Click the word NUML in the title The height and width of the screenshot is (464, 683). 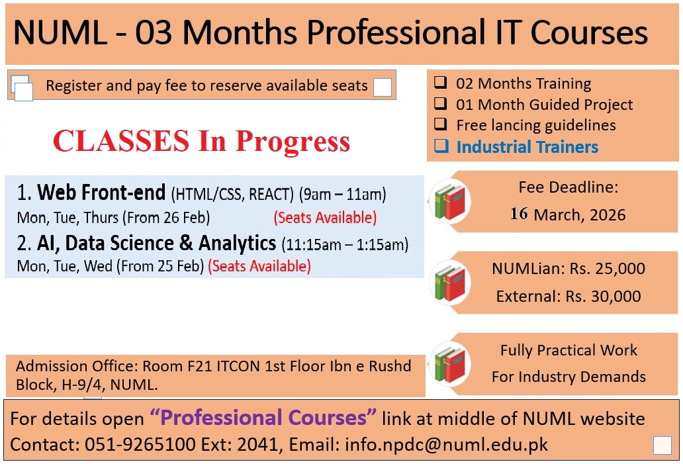click(x=60, y=32)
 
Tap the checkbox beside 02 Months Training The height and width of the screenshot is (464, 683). click(x=441, y=82)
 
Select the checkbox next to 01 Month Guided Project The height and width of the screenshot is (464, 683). click(x=441, y=103)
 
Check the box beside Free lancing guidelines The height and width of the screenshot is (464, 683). click(x=441, y=124)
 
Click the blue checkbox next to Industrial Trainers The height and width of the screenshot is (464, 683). click(x=441, y=146)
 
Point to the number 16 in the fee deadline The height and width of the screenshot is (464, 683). click(x=519, y=214)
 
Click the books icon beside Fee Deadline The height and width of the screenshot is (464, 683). click(x=450, y=201)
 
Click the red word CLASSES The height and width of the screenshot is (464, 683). click(x=121, y=141)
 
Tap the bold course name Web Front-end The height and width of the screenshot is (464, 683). click(x=101, y=192)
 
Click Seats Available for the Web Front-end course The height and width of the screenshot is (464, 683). click(x=325, y=217)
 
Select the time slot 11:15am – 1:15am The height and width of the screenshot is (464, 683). click(x=345, y=245)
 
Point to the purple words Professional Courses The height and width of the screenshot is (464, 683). click(x=263, y=418)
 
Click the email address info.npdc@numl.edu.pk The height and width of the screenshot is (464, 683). click(x=447, y=444)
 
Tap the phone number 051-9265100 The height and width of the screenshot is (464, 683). click(x=140, y=444)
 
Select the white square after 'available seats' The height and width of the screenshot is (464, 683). click(x=382, y=87)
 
